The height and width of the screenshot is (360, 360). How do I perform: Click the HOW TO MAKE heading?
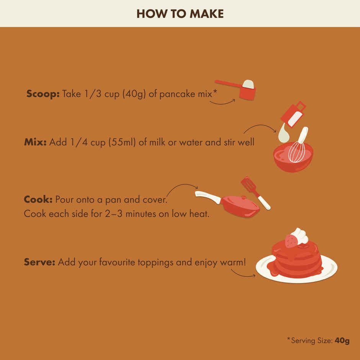[x=180, y=14]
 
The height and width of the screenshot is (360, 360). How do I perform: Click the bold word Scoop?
[x=43, y=94]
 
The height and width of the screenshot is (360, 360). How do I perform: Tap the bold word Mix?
[x=35, y=142]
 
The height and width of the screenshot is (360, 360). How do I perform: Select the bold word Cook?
[x=38, y=200]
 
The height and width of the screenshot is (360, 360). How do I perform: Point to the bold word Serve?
[x=39, y=262]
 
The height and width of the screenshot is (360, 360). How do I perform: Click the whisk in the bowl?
[x=298, y=147]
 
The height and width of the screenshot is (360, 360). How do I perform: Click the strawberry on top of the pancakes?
[x=291, y=241]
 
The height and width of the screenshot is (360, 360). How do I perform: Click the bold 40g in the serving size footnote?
[x=342, y=341]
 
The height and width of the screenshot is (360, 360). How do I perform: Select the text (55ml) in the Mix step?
[x=123, y=142]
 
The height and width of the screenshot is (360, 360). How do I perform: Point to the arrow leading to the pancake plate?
[x=242, y=273]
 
